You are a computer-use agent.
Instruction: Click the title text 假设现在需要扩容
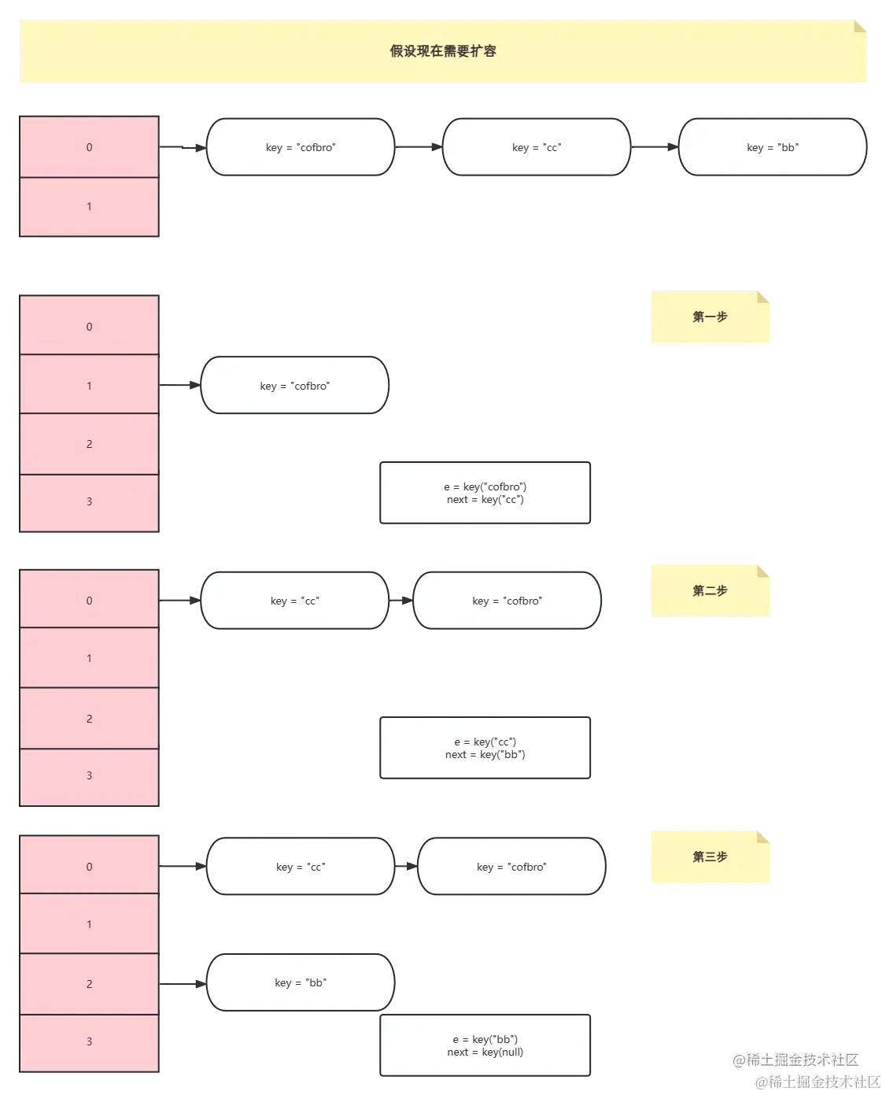click(x=443, y=52)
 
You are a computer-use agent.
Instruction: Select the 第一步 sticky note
click(x=710, y=317)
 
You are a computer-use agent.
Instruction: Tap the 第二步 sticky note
click(x=710, y=590)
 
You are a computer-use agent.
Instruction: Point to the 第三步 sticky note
click(x=710, y=856)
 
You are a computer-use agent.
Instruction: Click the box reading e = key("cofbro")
click(x=485, y=493)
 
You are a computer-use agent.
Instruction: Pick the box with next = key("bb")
click(x=485, y=748)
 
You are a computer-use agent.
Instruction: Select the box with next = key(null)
click(x=485, y=1045)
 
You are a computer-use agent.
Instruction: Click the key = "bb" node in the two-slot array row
click(x=772, y=147)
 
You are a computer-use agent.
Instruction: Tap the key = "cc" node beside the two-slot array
click(x=536, y=147)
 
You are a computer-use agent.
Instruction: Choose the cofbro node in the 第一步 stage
click(x=295, y=386)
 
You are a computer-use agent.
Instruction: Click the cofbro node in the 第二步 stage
click(x=507, y=601)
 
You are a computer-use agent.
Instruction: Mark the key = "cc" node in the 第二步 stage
click(x=295, y=601)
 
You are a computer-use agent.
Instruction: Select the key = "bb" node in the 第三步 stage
click(x=300, y=982)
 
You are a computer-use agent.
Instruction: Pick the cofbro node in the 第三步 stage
click(x=511, y=867)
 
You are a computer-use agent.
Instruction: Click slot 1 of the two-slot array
click(x=89, y=207)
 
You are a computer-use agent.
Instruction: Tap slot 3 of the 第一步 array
click(x=89, y=502)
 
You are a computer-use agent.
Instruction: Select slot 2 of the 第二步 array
click(x=89, y=719)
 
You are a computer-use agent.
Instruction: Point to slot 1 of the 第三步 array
click(x=89, y=924)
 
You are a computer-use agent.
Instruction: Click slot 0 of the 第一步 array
click(x=89, y=327)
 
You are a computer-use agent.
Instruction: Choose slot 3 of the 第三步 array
click(x=89, y=1042)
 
